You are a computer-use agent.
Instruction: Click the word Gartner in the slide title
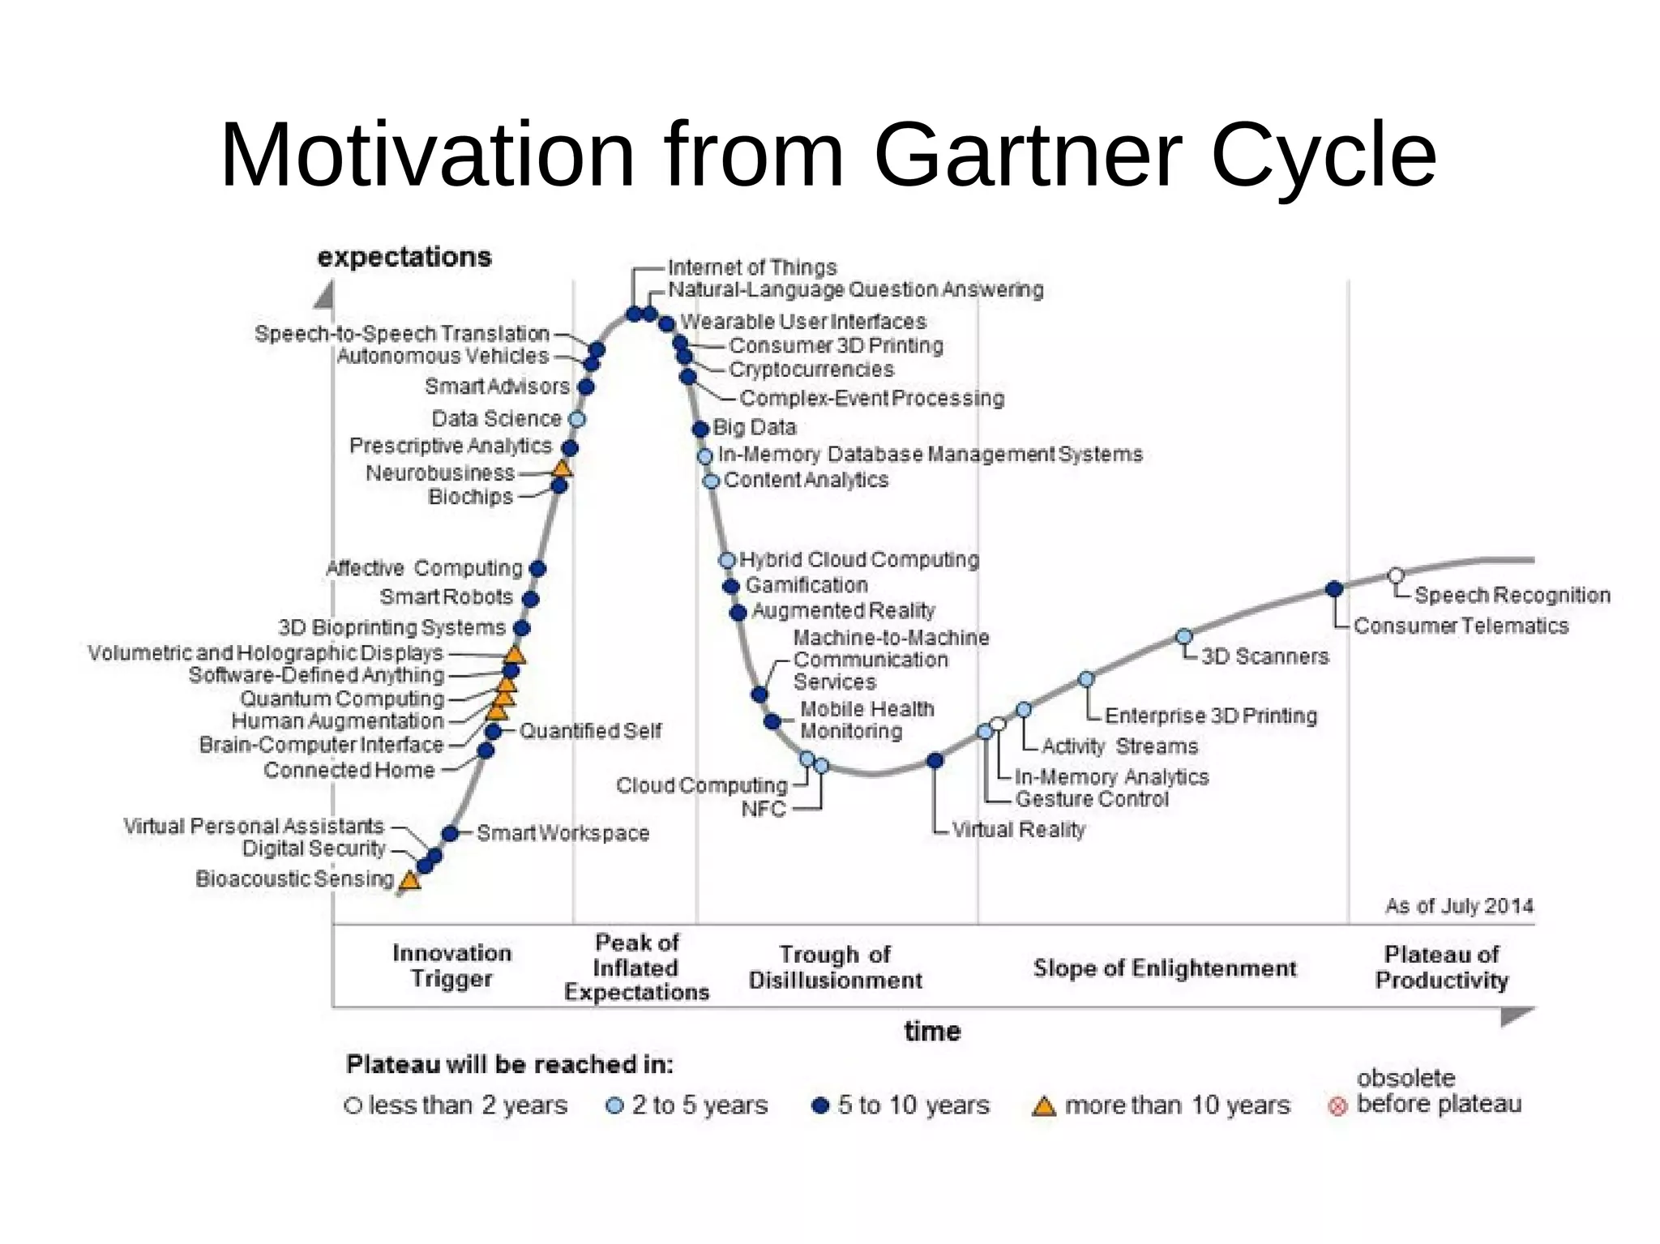[x=1027, y=156]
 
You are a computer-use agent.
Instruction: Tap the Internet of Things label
[x=751, y=267]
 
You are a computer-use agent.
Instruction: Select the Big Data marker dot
[x=701, y=429]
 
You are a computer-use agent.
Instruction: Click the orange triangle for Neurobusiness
[x=562, y=468]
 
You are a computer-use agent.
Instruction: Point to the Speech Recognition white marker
[x=1396, y=575]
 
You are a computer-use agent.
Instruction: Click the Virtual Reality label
[x=1018, y=830]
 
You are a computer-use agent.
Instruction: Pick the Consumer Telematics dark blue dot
[x=1334, y=589]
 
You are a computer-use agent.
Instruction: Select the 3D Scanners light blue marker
[x=1184, y=636]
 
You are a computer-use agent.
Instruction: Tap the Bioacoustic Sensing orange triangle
[x=410, y=880]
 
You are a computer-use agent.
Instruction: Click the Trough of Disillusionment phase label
[x=835, y=968]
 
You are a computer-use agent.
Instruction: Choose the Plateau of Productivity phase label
[x=1441, y=968]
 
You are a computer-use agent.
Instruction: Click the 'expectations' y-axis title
[x=404, y=257]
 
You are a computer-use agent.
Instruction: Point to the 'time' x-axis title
[x=932, y=1032]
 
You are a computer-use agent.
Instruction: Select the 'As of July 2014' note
[x=1459, y=906]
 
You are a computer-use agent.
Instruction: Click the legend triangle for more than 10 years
[x=1044, y=1106]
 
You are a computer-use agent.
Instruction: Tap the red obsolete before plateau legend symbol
[x=1337, y=1105]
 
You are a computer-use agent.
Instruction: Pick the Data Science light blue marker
[x=577, y=419]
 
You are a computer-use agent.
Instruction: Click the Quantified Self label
[x=590, y=731]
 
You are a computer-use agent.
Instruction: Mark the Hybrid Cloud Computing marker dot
[x=727, y=560]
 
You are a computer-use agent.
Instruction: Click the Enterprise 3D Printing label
[x=1210, y=716]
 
